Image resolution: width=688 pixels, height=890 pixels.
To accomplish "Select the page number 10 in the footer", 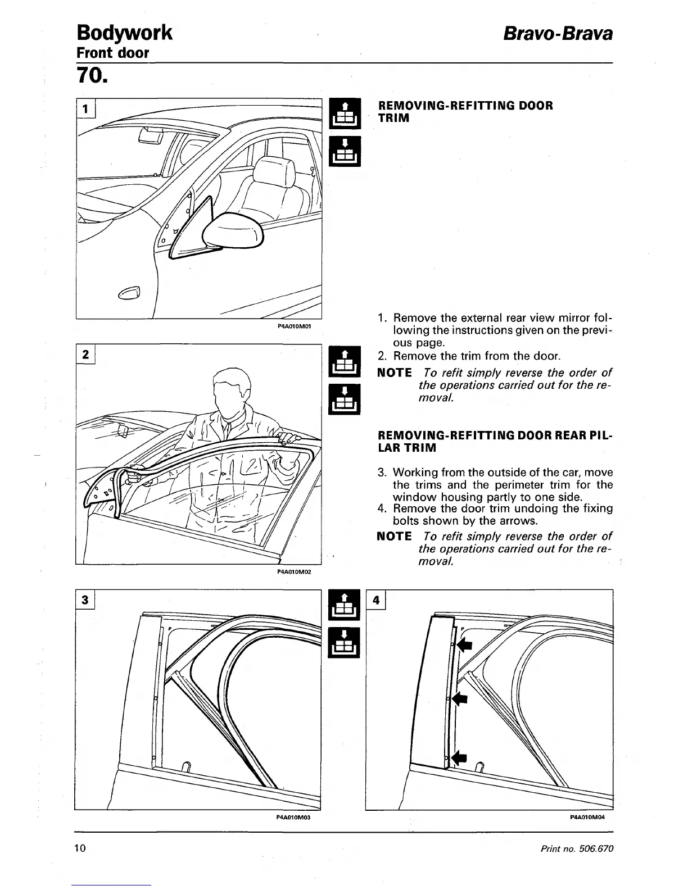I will pyautogui.click(x=80, y=848).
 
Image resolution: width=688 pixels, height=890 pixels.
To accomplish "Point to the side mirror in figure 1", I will pyautogui.click(x=233, y=231).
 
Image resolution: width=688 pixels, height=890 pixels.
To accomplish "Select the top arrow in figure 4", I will pyautogui.click(x=464, y=644).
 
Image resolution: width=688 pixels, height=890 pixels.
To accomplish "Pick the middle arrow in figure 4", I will pyautogui.click(x=460, y=698).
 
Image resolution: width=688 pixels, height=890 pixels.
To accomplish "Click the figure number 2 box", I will pyautogui.click(x=85, y=355).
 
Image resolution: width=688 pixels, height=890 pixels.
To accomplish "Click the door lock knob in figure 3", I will pyautogui.click(x=187, y=765).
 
